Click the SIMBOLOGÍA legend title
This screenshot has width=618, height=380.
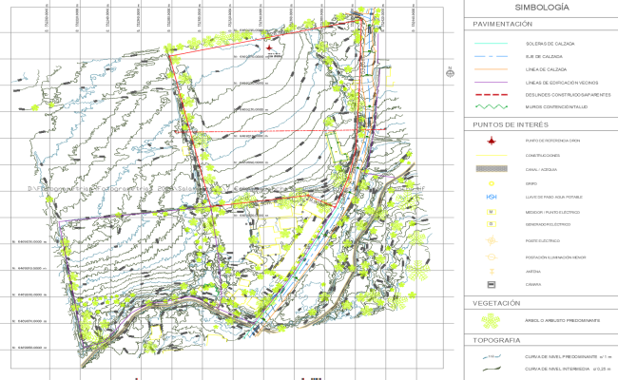point(541,8)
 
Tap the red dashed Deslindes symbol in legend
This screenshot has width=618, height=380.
point(492,95)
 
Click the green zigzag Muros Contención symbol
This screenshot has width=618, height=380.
point(492,108)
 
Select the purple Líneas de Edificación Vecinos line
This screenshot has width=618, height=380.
point(492,83)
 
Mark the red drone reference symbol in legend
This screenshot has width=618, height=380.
point(492,141)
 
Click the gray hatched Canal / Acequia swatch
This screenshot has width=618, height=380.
point(492,169)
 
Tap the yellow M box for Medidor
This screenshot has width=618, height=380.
point(492,211)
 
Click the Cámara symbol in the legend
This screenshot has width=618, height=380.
point(492,284)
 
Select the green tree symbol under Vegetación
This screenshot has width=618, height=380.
point(492,321)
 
